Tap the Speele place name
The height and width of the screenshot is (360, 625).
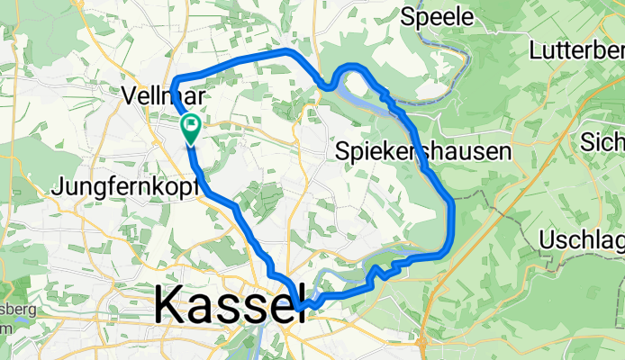tap(437, 17)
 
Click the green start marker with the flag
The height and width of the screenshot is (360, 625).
tap(191, 127)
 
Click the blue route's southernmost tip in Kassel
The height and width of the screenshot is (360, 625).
tap(298, 310)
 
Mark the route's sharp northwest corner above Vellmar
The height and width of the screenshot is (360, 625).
tap(172, 78)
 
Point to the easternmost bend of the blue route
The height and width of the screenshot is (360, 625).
tap(452, 216)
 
